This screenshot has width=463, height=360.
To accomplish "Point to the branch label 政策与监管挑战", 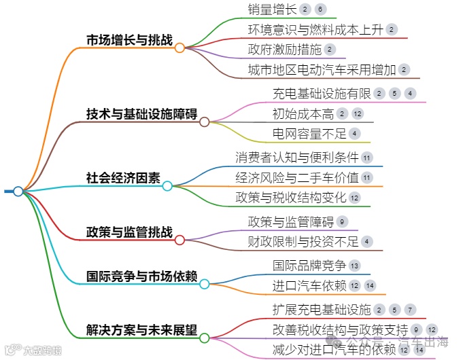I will [x=129, y=232].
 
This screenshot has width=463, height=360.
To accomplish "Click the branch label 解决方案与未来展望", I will [x=142, y=331].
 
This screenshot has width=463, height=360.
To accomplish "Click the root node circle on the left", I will [x=18, y=191].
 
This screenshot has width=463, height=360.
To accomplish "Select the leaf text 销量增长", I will [x=271, y=10].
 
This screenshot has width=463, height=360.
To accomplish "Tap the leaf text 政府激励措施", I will [x=284, y=50].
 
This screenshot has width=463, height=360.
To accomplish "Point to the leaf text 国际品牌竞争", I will [x=309, y=265].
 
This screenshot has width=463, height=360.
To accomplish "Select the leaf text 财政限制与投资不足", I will [x=303, y=240].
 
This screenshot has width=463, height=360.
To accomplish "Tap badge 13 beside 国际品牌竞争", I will [x=355, y=265].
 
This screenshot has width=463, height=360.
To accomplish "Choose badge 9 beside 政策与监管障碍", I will [x=342, y=221].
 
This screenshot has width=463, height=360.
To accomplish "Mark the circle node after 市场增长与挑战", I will [x=179, y=48].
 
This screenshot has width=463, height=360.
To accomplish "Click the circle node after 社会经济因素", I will [x=167, y=185].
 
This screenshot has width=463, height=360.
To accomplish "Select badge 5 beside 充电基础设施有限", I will [x=394, y=94].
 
